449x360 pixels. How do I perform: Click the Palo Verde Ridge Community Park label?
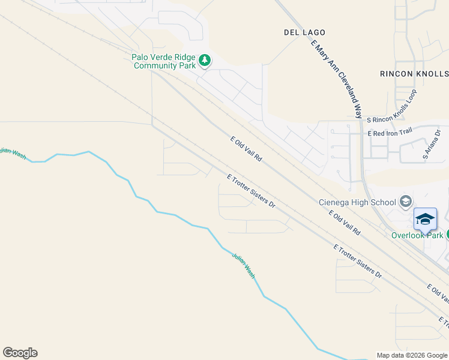click(x=164, y=61)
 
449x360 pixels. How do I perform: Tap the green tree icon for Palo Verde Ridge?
click(x=205, y=60)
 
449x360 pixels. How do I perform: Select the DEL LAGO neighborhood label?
click(x=304, y=32)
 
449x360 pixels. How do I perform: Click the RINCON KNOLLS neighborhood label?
click(x=414, y=73)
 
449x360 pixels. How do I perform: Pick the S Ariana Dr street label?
click(x=432, y=145)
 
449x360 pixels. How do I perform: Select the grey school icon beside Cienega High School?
click(x=406, y=201)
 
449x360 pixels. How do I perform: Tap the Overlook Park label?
click(x=417, y=235)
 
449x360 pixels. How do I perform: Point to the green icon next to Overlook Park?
click(x=447, y=235)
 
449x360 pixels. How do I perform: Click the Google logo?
click(x=20, y=353)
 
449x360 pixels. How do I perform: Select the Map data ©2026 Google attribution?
click(x=412, y=355)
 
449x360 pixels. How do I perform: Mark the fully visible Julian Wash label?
click(x=243, y=265)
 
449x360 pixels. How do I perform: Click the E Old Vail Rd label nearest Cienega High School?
click(x=344, y=222)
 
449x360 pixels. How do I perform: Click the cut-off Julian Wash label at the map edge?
click(x=13, y=154)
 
